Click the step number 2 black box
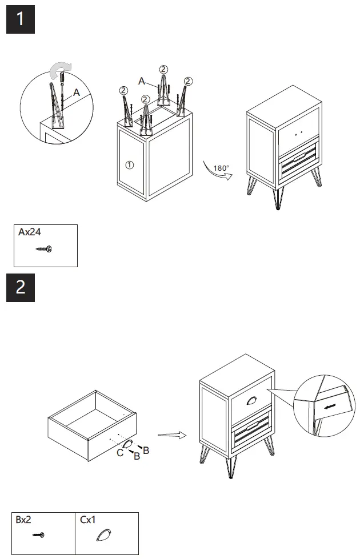click(x=21, y=287)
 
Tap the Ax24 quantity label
click(x=30, y=232)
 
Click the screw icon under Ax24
click(x=43, y=249)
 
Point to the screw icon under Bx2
click(x=39, y=535)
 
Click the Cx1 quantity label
click(x=89, y=520)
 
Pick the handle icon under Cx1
click(x=103, y=535)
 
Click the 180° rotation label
click(x=221, y=168)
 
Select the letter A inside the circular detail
click(x=76, y=91)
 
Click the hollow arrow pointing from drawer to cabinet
click(x=172, y=435)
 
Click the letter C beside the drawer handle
click(x=120, y=453)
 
